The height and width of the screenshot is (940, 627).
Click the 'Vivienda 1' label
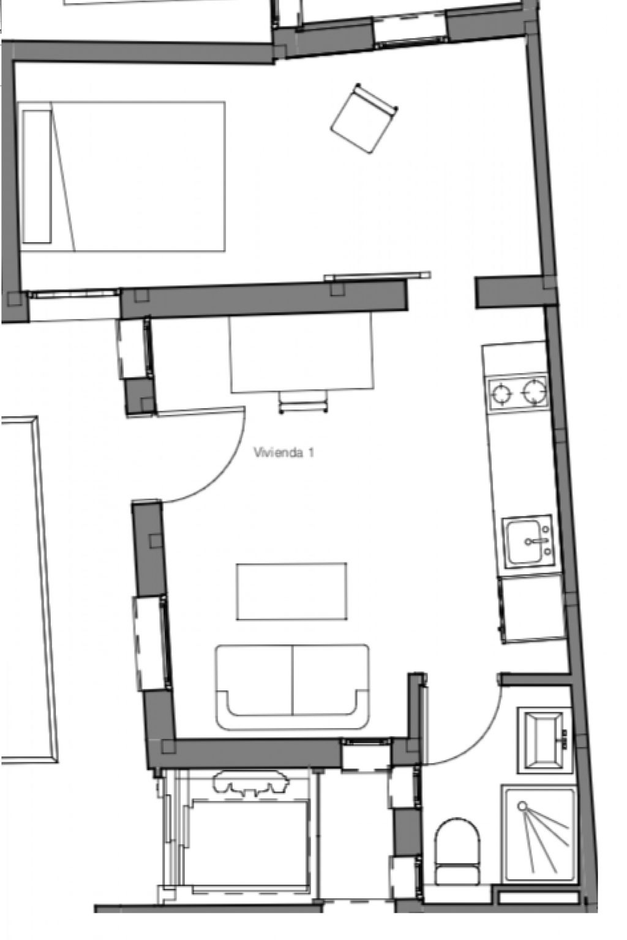point(283,452)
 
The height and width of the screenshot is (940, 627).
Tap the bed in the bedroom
point(122,176)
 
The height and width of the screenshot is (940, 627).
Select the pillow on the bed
point(37,177)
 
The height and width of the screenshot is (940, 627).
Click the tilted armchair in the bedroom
point(364,118)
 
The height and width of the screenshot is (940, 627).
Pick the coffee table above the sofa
point(291,591)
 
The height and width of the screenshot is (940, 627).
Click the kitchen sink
point(528,541)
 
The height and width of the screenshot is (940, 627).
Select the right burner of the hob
point(534,392)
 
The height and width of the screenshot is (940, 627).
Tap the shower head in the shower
point(522,806)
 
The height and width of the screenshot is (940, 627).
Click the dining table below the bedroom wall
point(301,353)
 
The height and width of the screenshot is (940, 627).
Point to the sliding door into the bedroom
point(378,276)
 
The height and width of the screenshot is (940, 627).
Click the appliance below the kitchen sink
point(531,608)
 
